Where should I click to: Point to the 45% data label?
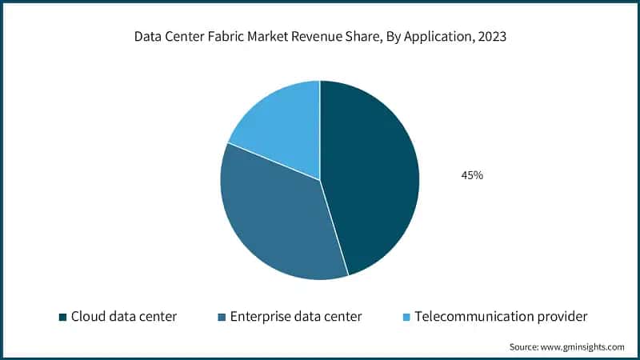pyautogui.click(x=471, y=175)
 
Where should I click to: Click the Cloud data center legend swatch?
pyautogui.click(x=62, y=318)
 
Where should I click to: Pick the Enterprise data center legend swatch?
pyautogui.click(x=221, y=318)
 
